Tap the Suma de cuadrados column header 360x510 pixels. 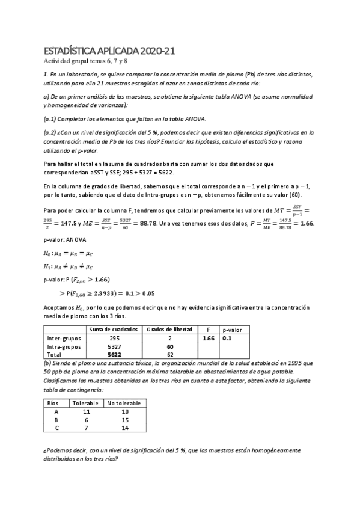click(x=114, y=330)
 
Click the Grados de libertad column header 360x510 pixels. click(x=170, y=330)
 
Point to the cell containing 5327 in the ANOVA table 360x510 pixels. click(x=114, y=346)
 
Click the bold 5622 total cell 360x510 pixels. click(x=114, y=355)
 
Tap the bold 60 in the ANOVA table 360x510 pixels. click(x=170, y=346)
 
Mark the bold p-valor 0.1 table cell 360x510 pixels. click(x=227, y=339)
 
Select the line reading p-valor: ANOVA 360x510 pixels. click(x=65, y=239)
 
